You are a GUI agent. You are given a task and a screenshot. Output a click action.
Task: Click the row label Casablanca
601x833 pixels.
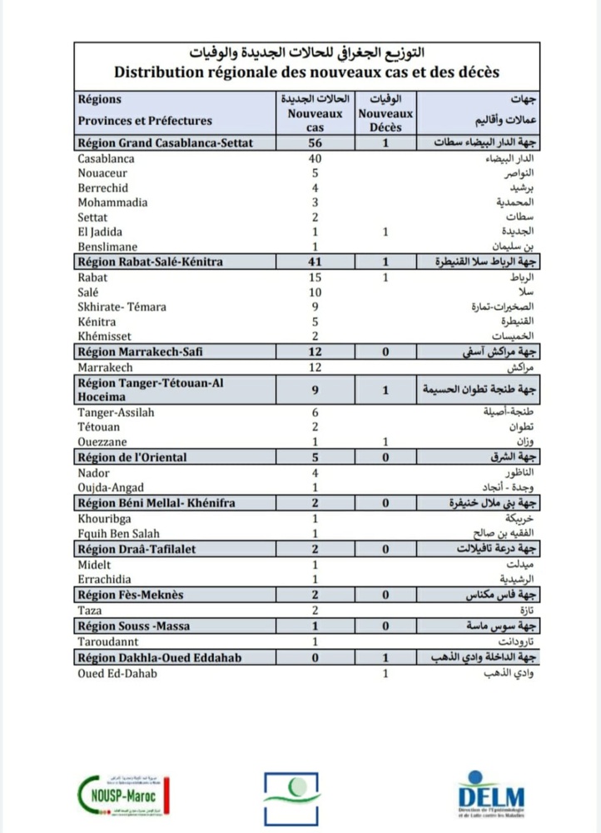pyautogui.click(x=106, y=157)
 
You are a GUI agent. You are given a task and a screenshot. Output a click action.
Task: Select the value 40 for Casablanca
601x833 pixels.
pyautogui.click(x=315, y=157)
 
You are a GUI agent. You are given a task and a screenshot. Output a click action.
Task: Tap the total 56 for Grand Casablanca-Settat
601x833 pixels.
pyautogui.click(x=315, y=142)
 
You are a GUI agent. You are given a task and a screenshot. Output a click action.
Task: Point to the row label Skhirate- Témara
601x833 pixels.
pyautogui.click(x=122, y=307)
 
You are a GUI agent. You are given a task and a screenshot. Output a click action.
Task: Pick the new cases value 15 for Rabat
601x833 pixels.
pyautogui.click(x=315, y=277)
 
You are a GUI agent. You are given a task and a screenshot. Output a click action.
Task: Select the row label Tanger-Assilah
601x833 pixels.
pyautogui.click(x=116, y=412)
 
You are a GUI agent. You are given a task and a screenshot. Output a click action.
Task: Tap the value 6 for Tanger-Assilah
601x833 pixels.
pyautogui.click(x=315, y=412)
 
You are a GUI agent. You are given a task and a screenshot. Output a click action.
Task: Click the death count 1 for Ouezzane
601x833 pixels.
pyautogui.click(x=385, y=441)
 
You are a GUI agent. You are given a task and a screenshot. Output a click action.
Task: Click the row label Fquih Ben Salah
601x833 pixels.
pyautogui.click(x=118, y=532)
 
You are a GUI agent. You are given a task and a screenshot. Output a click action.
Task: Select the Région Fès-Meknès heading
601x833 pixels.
pyautogui.click(x=130, y=595)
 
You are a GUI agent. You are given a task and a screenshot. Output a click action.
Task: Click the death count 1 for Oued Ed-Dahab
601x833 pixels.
pyautogui.click(x=385, y=672)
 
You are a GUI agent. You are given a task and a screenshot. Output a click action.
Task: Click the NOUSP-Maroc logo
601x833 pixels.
pyautogui.click(x=124, y=794)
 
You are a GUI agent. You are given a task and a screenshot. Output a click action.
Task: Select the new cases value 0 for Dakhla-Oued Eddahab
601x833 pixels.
pyautogui.click(x=315, y=657)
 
